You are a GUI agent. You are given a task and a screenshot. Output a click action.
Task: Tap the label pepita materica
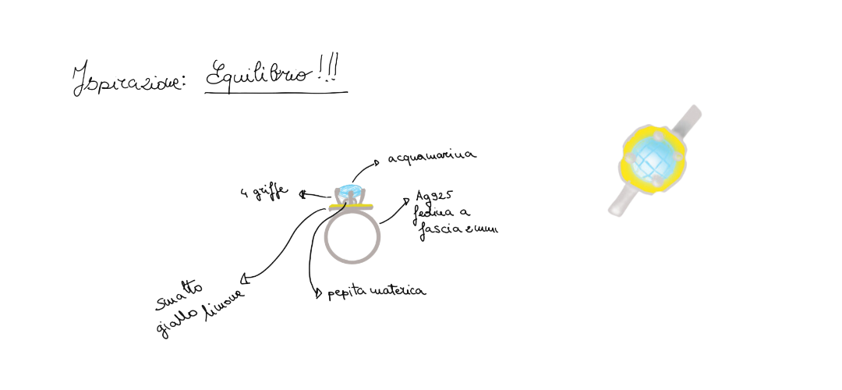click(374, 291)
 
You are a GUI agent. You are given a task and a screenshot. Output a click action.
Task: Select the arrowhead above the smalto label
click(243, 277)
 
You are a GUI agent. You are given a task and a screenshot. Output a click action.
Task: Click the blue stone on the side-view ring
click(347, 190)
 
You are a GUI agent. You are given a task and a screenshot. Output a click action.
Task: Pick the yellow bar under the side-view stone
click(352, 206)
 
